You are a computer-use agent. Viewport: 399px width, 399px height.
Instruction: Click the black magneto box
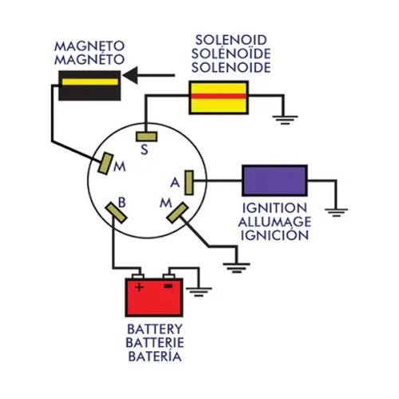pos(89,85)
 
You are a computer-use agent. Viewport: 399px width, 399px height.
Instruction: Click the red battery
pos(154,296)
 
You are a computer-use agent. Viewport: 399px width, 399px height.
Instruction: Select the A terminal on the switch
pos(189,181)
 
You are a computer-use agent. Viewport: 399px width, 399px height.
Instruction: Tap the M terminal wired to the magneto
pos(104,163)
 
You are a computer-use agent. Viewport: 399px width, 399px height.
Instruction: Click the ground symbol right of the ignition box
pos(338,211)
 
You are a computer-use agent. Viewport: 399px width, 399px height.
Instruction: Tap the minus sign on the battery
pos(168,285)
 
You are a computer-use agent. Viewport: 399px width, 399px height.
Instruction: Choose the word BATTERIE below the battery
pos(155,341)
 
